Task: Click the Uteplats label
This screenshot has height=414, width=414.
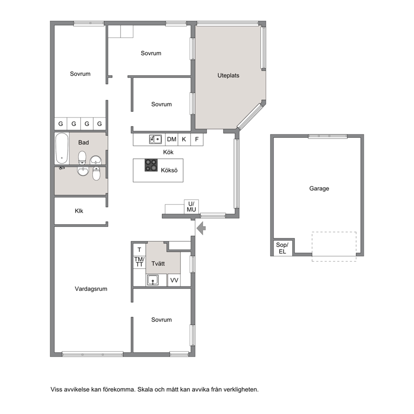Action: [x=228, y=76]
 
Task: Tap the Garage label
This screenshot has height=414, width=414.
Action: [x=319, y=189]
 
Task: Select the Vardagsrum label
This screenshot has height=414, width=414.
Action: [x=91, y=289]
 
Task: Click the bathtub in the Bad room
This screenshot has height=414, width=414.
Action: [x=62, y=148]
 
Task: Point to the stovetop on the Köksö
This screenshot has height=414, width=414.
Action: [x=151, y=165]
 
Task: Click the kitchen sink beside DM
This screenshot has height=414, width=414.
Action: [x=156, y=139]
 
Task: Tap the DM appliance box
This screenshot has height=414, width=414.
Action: [x=172, y=139]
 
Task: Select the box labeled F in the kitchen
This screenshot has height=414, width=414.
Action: [x=197, y=139]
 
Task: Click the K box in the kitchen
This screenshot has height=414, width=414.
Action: [x=184, y=139]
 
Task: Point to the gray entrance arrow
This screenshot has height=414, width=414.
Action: [x=202, y=228]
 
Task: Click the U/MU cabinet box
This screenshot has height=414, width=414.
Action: [x=191, y=207]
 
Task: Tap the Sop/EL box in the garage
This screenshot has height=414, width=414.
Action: [x=282, y=248]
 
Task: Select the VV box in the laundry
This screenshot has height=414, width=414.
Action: [x=174, y=280]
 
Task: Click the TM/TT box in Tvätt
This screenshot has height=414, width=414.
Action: [x=139, y=262]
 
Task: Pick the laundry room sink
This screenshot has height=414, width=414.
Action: [x=153, y=280]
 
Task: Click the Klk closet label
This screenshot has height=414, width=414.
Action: [x=79, y=211]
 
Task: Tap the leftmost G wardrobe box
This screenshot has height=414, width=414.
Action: [x=61, y=124]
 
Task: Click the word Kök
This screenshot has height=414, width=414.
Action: [x=168, y=152]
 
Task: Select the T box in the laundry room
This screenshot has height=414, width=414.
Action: [x=139, y=250]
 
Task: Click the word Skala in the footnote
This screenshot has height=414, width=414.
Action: [x=146, y=389]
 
